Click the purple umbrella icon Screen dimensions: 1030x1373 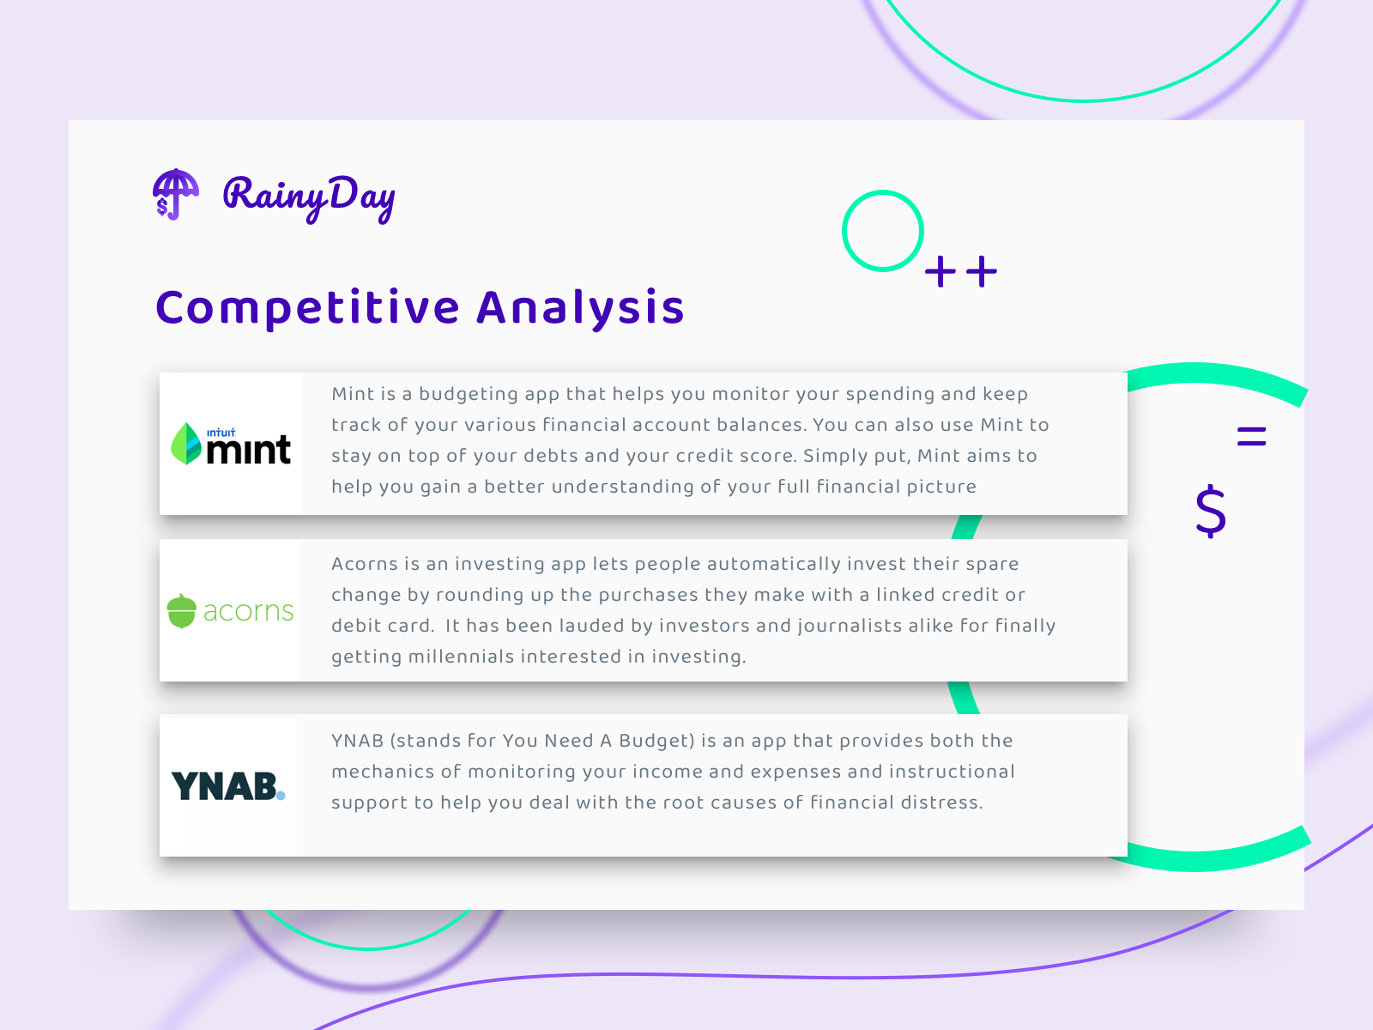(175, 194)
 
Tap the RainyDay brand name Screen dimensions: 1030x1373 (309, 197)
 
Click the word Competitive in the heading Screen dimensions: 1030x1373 (308, 307)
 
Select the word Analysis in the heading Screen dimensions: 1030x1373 (580, 307)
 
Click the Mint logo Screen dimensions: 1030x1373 (231, 445)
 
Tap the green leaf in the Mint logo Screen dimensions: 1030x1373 (186, 444)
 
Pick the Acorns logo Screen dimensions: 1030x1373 (230, 611)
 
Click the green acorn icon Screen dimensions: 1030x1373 (182, 611)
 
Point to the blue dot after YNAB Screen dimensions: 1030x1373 (281, 796)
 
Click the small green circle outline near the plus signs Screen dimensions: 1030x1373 (882, 231)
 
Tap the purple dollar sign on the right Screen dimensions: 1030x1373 (1211, 511)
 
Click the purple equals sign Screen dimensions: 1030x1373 (1251, 437)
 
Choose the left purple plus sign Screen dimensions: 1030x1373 (941, 272)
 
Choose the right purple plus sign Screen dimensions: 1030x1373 (982, 272)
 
